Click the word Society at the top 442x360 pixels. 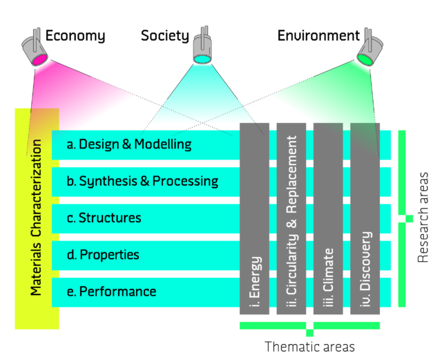coord(165,35)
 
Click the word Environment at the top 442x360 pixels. coord(318,35)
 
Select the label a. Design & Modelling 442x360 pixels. coord(129,144)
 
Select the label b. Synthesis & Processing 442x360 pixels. coord(142,181)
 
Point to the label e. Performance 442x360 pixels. coord(111,292)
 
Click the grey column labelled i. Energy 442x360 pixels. coord(254,218)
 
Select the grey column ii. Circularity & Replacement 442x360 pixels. coord(291,218)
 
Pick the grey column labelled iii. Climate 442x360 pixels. coord(328,218)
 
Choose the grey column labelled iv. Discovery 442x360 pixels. coord(365,218)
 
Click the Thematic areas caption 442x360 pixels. coord(310,346)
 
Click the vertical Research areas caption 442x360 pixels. coord(424,218)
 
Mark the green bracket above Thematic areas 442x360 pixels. coord(309,325)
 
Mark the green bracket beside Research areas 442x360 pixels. coord(403,218)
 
